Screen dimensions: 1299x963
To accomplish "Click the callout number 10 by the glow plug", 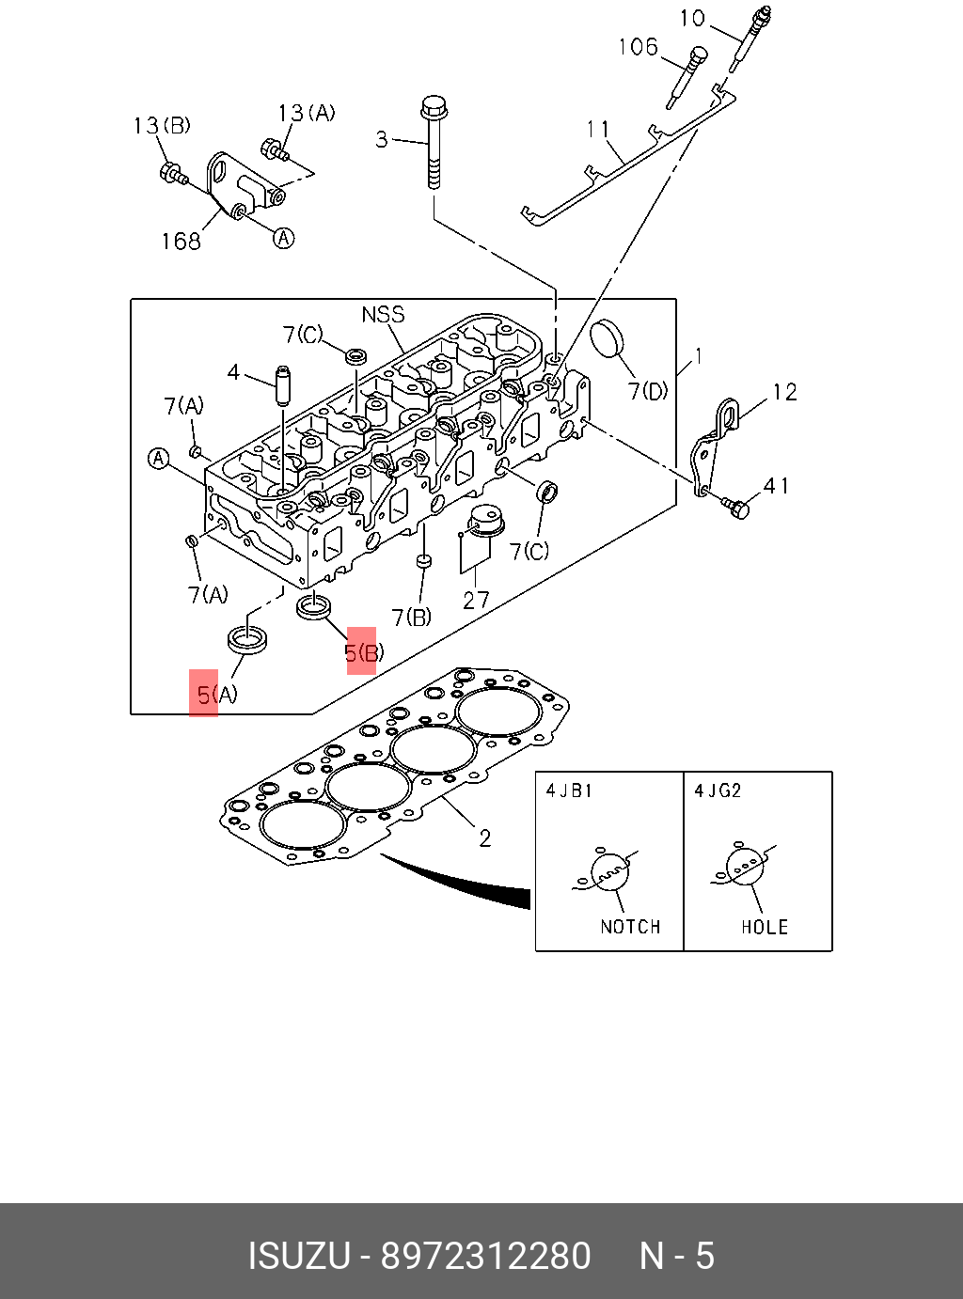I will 692,19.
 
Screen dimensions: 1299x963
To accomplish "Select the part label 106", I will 638,47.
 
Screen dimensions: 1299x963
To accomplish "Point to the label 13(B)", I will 162,126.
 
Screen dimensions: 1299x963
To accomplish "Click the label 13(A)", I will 306,114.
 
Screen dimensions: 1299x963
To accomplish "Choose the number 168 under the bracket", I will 181,242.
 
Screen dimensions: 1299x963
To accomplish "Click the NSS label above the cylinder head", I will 383,315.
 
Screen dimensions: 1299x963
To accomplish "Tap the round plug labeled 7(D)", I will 608,340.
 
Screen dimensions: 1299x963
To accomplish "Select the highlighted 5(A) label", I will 216,695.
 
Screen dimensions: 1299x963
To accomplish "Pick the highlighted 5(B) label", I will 363,652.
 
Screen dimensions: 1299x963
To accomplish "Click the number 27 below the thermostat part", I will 476,600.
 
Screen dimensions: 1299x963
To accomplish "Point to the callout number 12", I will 784,392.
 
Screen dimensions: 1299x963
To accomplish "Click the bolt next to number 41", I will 737,508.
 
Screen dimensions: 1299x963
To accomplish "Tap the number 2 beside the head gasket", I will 484,837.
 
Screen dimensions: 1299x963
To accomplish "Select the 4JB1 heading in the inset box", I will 570,790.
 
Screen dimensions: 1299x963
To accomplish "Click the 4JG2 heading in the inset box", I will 718,790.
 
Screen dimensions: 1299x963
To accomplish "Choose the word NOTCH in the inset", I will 630,927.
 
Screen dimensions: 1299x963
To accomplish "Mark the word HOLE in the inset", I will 764,927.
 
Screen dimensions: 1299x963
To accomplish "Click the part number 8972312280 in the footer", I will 485,1256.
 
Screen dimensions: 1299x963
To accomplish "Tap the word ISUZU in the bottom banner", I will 298,1256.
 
